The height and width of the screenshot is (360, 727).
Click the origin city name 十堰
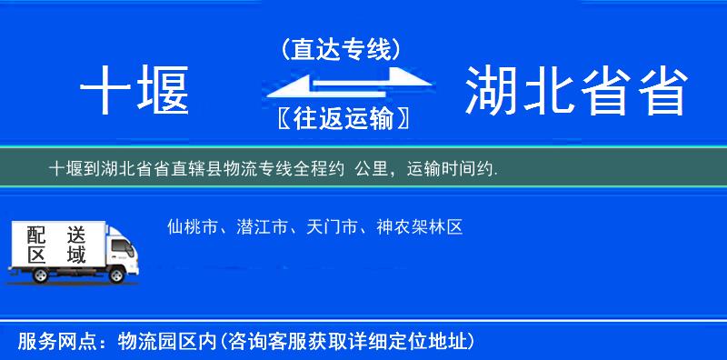tap(134, 93)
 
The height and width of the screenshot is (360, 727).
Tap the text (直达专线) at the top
tap(341, 49)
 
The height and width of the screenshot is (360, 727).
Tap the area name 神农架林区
tap(419, 227)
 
